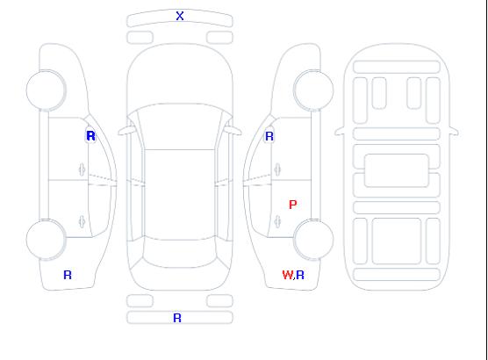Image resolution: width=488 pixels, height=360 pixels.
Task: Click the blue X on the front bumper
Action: (x=180, y=16)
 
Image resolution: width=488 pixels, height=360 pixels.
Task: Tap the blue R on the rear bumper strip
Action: (x=177, y=318)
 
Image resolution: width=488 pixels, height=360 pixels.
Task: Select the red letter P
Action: (x=293, y=205)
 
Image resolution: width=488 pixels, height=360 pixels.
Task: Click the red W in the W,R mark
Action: (x=288, y=275)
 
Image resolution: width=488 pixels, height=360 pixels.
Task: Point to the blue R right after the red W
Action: (x=300, y=275)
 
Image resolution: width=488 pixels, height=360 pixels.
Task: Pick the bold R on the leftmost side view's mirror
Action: (x=90, y=136)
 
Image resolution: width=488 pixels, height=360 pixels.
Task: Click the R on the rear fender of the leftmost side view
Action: (x=68, y=275)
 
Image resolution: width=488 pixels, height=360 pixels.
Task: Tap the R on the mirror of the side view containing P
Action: (x=269, y=136)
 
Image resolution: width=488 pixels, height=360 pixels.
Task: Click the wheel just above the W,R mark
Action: (x=313, y=239)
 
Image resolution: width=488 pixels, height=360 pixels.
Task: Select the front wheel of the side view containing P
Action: (x=313, y=90)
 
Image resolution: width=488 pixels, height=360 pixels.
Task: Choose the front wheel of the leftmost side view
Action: (x=46, y=90)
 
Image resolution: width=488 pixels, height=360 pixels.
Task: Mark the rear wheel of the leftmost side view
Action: (x=46, y=239)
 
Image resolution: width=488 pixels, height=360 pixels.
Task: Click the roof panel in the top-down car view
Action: (x=180, y=195)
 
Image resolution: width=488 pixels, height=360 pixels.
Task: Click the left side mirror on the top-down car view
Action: (x=126, y=131)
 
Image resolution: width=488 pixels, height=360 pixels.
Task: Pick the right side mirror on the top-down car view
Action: (x=233, y=131)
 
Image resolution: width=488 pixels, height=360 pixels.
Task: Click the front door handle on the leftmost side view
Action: (x=82, y=169)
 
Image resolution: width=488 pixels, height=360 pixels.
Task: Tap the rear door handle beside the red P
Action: (x=277, y=222)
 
